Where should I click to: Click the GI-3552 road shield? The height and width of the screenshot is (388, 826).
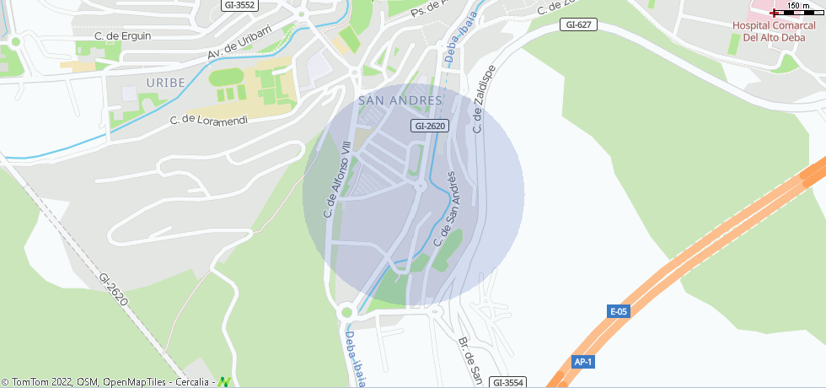[x=239, y=5]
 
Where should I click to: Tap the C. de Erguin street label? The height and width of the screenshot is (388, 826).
[x=123, y=35]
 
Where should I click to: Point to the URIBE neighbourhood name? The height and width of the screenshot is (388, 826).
[x=164, y=82]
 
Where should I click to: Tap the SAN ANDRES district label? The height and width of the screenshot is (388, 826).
[x=400, y=100]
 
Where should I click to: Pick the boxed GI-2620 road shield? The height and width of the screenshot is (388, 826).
[x=430, y=126]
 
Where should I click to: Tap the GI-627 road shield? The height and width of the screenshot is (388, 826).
[x=579, y=24]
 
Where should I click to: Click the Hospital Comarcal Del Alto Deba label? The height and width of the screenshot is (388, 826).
[x=774, y=31]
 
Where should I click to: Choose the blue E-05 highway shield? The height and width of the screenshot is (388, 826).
[x=619, y=311]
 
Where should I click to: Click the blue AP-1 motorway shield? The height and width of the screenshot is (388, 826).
[x=583, y=362]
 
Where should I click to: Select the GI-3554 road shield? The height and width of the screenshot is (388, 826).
[x=508, y=382]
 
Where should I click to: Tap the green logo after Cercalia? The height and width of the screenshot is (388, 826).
[x=223, y=382]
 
